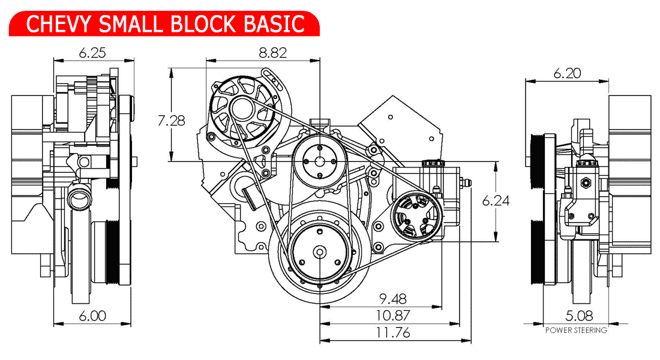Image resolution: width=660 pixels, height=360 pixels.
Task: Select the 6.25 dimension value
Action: (92, 53)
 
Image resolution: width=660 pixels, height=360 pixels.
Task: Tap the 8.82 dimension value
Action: (272, 53)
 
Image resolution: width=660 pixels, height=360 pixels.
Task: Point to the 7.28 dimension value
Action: (171, 121)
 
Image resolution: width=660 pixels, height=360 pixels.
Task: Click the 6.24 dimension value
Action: (496, 201)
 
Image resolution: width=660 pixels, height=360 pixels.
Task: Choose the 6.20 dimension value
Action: (567, 73)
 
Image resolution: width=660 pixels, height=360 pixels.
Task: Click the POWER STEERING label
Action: (576, 330)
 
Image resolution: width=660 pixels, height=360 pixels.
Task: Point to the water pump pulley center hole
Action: (319, 161)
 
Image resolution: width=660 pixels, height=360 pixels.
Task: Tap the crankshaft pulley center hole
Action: (319, 252)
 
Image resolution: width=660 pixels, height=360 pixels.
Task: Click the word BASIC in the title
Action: (276, 23)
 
